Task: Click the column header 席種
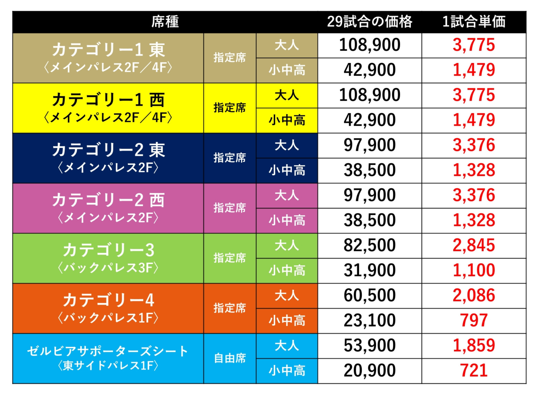point(165,22)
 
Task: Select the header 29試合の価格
point(370,22)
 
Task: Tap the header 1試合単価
point(474,22)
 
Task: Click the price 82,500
point(370,245)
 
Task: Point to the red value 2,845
point(474,245)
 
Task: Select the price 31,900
point(370,270)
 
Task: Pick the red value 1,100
point(474,270)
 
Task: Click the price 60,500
point(370,295)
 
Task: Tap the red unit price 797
point(474,320)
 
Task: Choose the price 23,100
point(370,320)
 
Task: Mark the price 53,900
point(370,345)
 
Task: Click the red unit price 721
point(474,371)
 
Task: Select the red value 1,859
point(474,345)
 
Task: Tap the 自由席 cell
point(230,358)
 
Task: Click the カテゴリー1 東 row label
point(108,50)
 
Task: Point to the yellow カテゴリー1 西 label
point(108,100)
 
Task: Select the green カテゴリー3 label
point(108,250)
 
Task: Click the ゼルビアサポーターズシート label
point(108,351)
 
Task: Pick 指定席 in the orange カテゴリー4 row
point(230,308)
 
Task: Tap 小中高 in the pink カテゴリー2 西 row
point(287,220)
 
